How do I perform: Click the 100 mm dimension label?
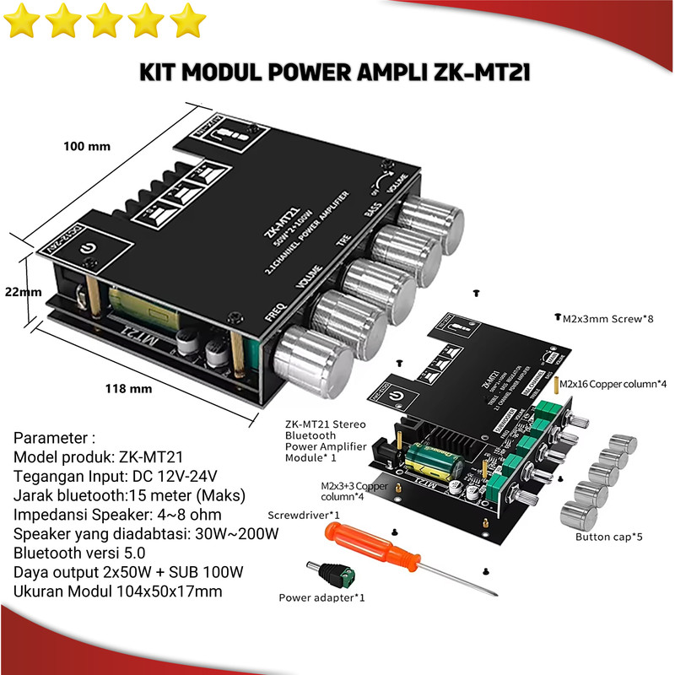coord(87,146)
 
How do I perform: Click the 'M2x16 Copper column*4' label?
coord(614,384)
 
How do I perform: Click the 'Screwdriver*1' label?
coord(303,515)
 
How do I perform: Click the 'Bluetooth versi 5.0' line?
coord(79,553)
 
